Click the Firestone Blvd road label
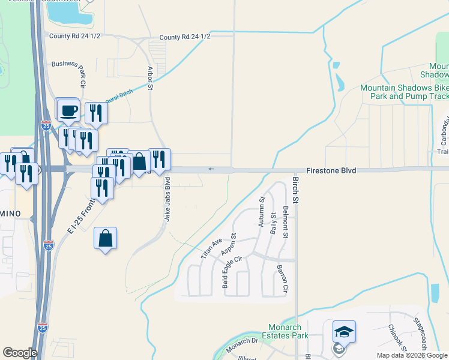331,171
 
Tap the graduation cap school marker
344,332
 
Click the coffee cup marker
69,109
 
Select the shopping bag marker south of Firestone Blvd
106,238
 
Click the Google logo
20,353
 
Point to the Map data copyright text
412,355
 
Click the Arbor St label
150,79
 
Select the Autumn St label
261,212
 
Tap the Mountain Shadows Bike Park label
404,92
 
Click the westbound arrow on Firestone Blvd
210,169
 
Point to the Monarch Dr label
242,344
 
